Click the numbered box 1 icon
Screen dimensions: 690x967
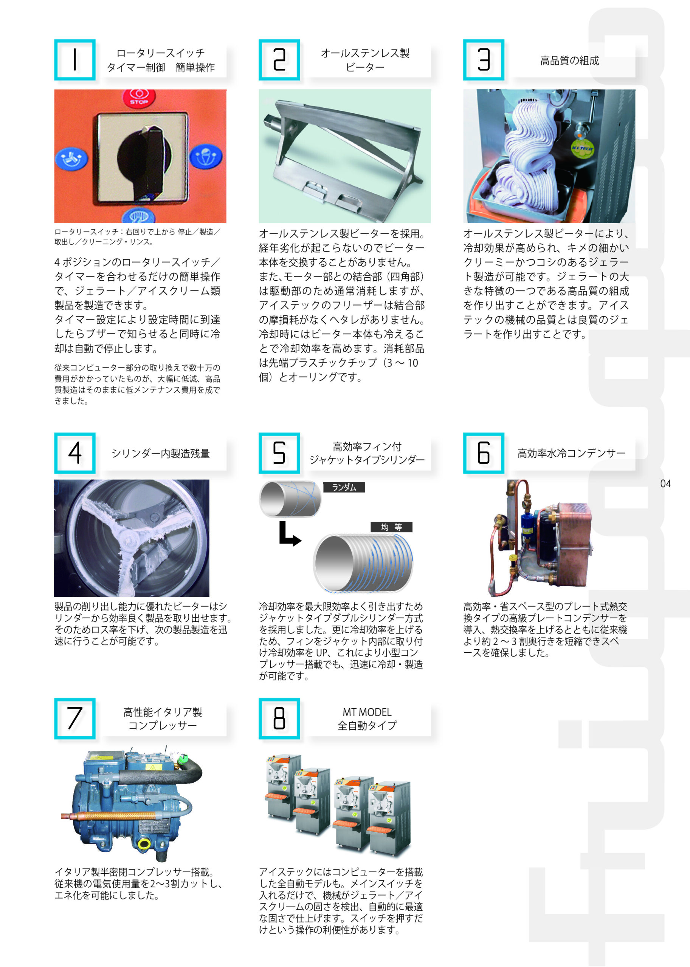(x=75, y=60)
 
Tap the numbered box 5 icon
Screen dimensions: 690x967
(x=279, y=453)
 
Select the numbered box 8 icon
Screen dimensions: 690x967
(x=279, y=719)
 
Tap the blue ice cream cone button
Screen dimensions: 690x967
(x=205, y=157)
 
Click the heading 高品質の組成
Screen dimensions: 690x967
(x=569, y=61)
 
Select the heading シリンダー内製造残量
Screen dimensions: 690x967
(x=161, y=453)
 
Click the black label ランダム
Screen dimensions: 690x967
(x=344, y=487)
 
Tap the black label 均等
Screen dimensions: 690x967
(x=391, y=527)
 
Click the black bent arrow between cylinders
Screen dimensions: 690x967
(x=289, y=536)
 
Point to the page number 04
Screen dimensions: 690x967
(x=665, y=484)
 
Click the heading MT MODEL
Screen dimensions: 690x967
(x=367, y=712)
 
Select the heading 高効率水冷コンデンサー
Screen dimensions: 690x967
(x=571, y=453)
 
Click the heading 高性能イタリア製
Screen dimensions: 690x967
(x=163, y=712)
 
